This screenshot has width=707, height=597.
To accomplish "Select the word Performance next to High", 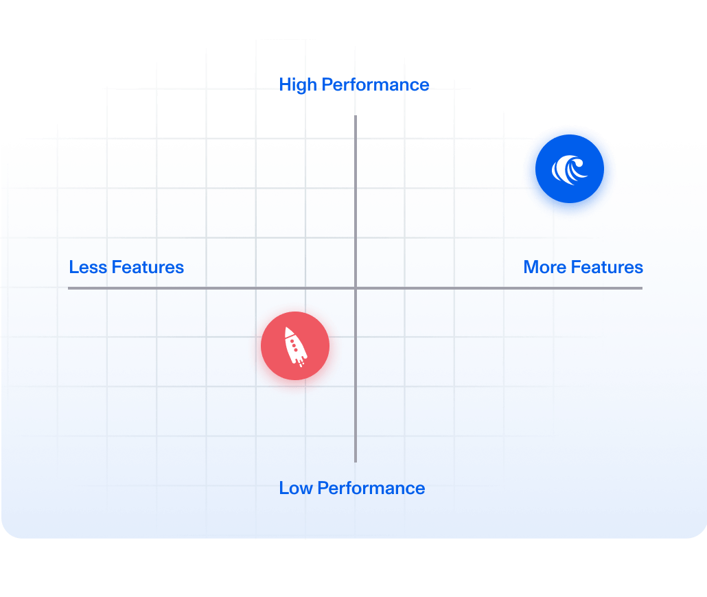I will coord(375,85).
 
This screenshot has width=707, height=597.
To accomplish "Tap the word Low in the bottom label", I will coord(296,489).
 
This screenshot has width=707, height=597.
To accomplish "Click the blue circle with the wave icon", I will coord(570,170).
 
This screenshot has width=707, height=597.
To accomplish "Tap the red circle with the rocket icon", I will coord(295,346).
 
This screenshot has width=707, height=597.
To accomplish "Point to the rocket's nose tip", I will coord(288,329).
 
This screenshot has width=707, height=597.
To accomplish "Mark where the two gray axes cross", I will coord(356,288).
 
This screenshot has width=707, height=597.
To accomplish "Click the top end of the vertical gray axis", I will coord(356,117).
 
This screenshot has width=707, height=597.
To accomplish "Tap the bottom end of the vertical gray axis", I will coord(356,460).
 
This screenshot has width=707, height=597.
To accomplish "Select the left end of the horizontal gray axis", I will coord(69,288).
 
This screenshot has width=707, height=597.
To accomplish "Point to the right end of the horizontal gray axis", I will coord(641,288).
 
